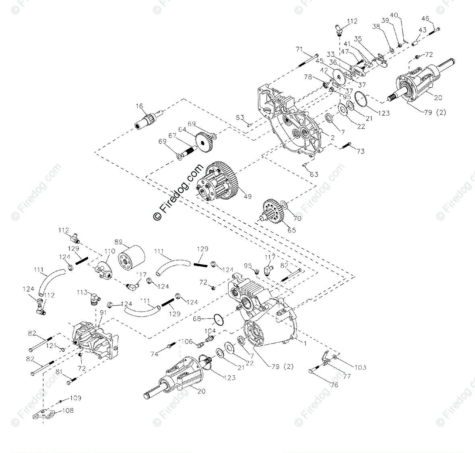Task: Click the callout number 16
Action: (x=139, y=106)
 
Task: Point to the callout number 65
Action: (x=291, y=230)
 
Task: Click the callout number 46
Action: (x=426, y=18)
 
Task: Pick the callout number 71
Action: (x=299, y=49)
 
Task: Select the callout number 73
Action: (x=360, y=151)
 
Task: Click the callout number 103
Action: (x=360, y=367)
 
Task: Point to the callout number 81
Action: (x=60, y=372)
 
